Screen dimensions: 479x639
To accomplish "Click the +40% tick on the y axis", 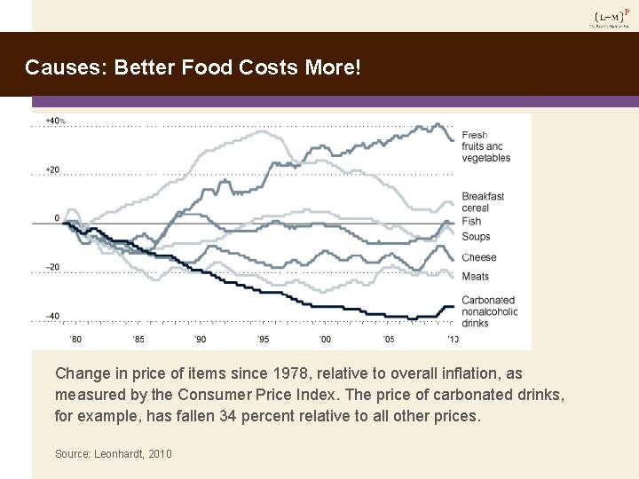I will point(55,121).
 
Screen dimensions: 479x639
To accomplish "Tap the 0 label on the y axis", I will point(57,217).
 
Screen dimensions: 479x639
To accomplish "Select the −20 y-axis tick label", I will point(53,267).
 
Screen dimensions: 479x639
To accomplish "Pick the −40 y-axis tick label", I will point(53,316).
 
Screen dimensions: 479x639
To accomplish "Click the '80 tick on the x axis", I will point(75,340).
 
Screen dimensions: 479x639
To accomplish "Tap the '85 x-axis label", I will point(138,340).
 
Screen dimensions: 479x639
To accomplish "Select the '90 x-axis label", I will point(201,340).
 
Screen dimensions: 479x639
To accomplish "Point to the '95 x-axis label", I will point(264,340).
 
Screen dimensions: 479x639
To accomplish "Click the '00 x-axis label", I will point(326,340).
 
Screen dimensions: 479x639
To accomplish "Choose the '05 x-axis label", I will point(389,340).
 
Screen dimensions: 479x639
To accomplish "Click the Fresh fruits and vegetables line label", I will point(485,146).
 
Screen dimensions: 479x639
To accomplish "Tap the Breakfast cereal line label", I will point(483,202).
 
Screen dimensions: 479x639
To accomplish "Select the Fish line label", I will point(471,221).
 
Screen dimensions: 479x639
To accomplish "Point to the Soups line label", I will point(476,237).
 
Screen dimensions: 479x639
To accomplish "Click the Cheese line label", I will point(479,257).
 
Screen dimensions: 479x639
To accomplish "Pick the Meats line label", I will point(475,277).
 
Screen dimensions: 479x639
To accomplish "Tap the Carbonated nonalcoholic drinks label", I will point(489,311).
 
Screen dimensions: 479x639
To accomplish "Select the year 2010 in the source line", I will point(160,454).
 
